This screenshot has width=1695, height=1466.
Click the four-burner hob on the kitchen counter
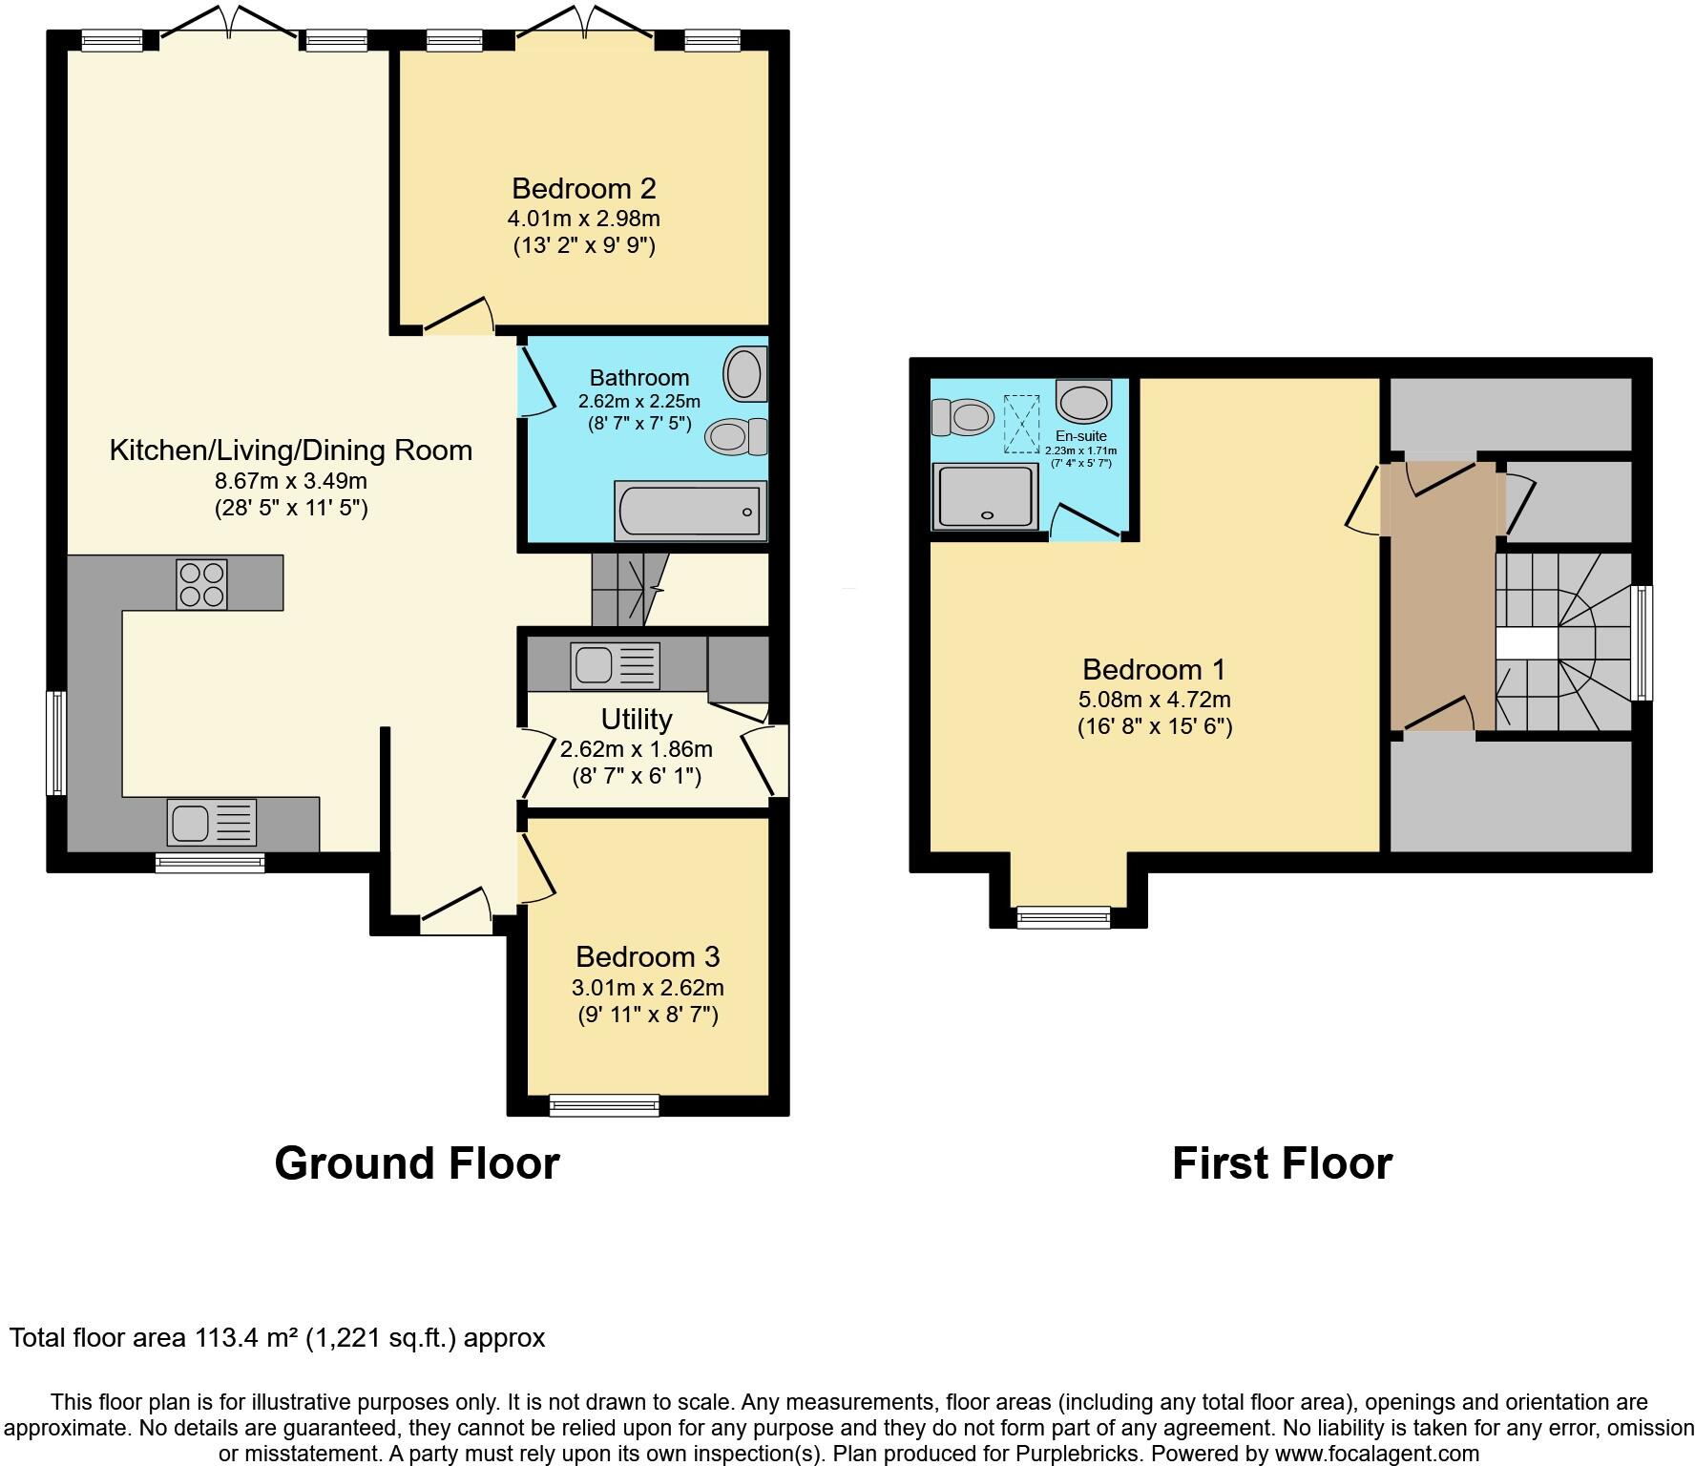[201, 583]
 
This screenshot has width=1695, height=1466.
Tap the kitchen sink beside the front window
[211, 822]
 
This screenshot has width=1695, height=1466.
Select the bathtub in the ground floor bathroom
[691, 510]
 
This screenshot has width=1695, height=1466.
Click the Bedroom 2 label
[583, 188]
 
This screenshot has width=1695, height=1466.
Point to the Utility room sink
[615, 664]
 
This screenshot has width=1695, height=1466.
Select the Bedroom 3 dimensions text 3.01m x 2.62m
[647, 987]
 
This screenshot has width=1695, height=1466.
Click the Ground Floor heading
[416, 1163]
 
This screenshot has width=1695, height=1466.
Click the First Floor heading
[1282, 1163]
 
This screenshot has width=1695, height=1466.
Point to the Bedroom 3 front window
[603, 1105]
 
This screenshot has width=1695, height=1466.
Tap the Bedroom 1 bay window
[1063, 917]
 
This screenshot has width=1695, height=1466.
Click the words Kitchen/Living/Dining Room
[291, 450]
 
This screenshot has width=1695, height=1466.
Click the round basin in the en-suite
[1083, 402]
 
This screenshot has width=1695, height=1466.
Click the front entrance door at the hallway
[456, 913]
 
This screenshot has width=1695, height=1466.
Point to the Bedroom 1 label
[1153, 669]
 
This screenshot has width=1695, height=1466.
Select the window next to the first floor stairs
[1643, 642]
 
